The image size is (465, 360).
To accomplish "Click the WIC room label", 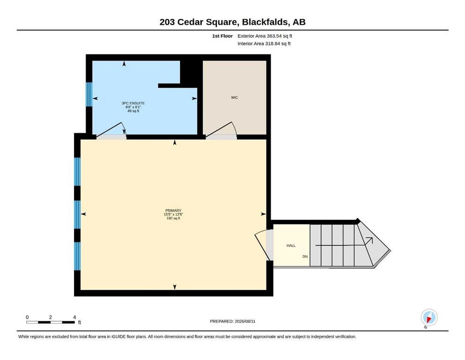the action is tap(234, 97).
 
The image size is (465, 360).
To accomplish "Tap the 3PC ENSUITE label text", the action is tap(133, 103).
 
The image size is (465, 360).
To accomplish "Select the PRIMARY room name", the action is tap(173, 210).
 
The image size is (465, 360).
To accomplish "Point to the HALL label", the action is tap(291, 246).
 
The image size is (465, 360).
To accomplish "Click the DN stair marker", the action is tap(305, 256).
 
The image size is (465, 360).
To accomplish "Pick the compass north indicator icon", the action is tap(429, 317).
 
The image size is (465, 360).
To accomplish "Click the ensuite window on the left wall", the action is tap(89, 94).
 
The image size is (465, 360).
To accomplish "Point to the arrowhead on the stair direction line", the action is tap(369, 240).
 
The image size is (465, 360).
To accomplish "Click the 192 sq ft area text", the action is tap(173, 218).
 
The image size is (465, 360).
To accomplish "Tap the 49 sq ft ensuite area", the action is tap(133, 111).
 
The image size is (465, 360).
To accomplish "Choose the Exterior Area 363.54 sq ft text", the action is tap(265, 36).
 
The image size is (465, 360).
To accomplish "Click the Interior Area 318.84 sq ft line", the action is tap(264, 43).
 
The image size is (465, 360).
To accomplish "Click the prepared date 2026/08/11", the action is tap(245, 321).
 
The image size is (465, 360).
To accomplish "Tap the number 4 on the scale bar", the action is tap(74, 317).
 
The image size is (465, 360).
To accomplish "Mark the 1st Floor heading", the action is tap(222, 36).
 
